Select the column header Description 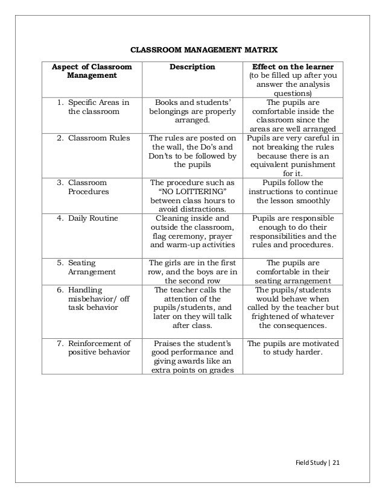coord(191,66)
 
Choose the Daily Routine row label coord(92,219)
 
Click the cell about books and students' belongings coord(191,111)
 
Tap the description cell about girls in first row coord(191,271)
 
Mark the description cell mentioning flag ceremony coord(191,232)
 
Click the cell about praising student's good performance coord(191,357)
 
